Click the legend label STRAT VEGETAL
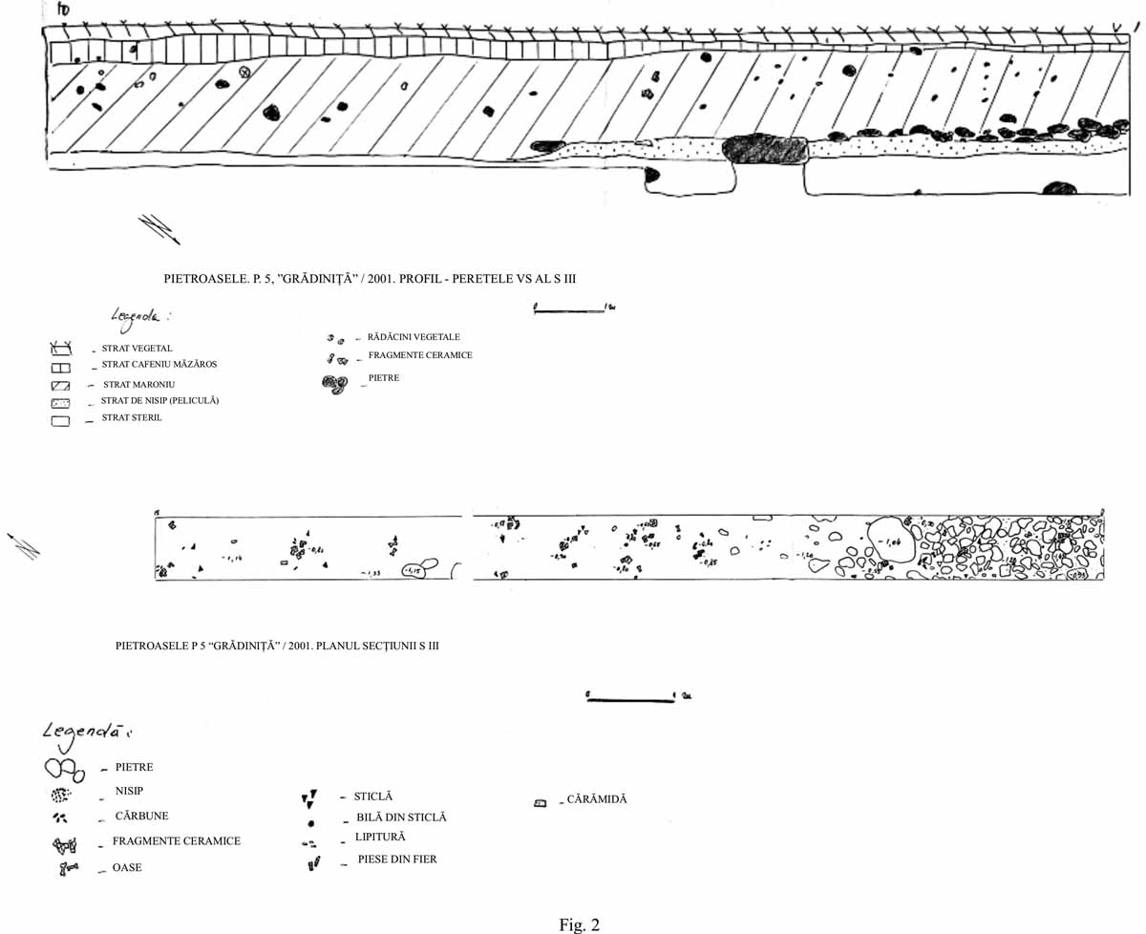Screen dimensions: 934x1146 (137, 349)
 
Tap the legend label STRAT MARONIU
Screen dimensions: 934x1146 (138, 384)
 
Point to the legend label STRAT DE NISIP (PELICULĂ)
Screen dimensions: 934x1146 (159, 401)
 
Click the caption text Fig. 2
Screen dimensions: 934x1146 (579, 923)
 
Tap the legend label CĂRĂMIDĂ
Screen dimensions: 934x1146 (596, 799)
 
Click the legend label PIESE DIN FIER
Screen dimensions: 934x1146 (396, 860)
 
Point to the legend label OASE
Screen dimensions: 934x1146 (127, 868)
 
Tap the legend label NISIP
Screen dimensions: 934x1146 (129, 791)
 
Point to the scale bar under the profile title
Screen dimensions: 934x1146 (569, 308)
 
